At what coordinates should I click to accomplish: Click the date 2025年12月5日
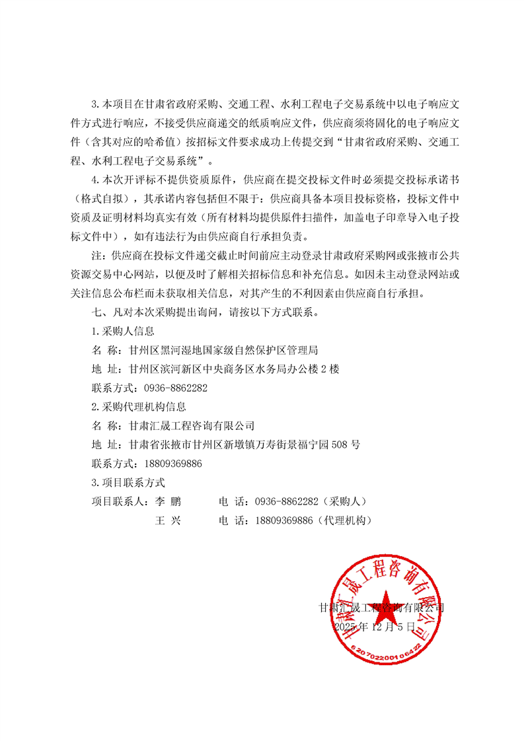pyautogui.click(x=375, y=625)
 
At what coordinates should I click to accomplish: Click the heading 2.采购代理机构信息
pyautogui.click(x=138, y=407)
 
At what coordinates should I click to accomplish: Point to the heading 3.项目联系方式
pyautogui.click(x=128, y=483)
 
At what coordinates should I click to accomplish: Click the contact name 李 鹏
pyautogui.click(x=167, y=502)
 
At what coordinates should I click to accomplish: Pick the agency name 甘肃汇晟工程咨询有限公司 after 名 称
pyautogui.click(x=192, y=426)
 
